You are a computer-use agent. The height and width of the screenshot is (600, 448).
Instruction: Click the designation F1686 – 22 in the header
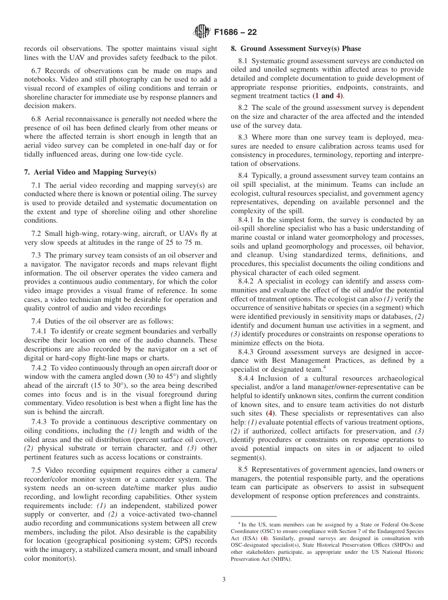coord(235,33)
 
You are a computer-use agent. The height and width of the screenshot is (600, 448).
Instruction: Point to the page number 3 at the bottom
coord(224,579)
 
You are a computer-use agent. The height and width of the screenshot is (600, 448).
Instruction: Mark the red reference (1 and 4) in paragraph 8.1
coord(325,96)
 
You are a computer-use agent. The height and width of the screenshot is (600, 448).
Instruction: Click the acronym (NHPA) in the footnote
coord(281,559)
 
